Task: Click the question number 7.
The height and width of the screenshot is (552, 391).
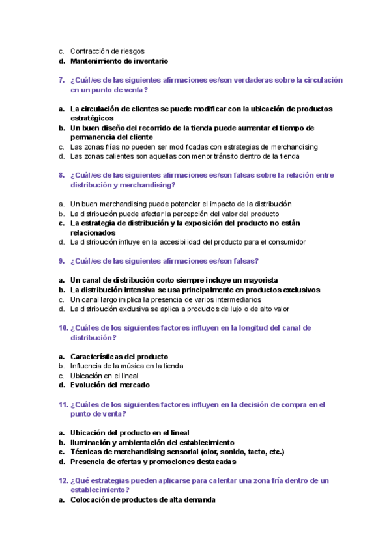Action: click(61, 80)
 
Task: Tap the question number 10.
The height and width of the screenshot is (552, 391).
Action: click(63, 328)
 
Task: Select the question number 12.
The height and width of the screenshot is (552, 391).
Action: click(63, 480)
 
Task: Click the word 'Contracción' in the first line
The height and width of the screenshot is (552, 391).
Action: click(91, 51)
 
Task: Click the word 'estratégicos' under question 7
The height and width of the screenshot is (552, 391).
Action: click(93, 118)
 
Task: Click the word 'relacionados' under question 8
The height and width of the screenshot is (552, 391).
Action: click(93, 232)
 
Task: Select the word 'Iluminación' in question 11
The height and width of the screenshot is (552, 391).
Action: click(91, 442)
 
